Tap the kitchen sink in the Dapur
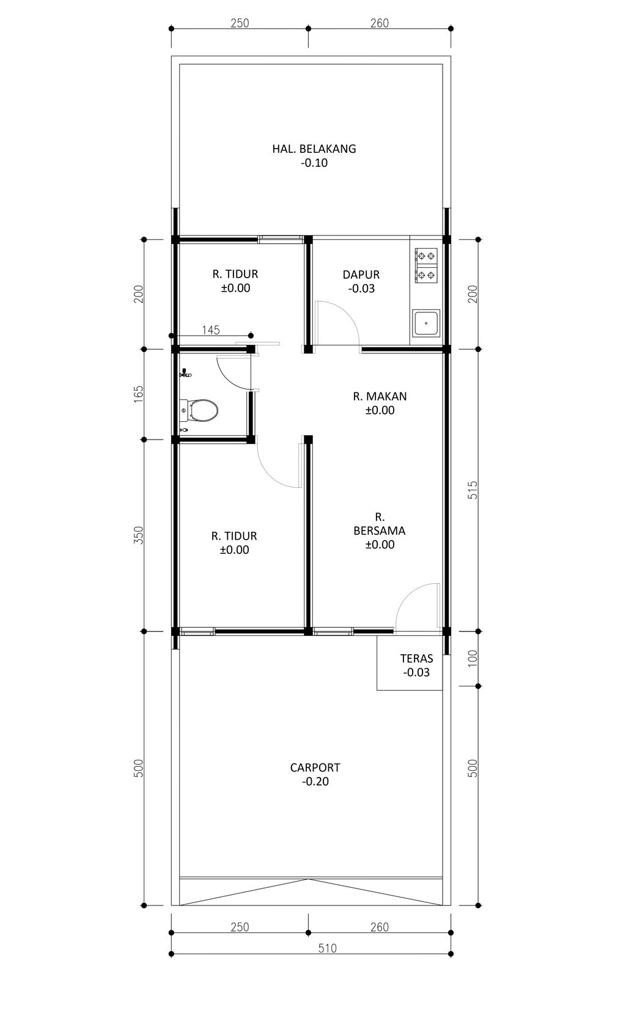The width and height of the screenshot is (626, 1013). pos(425,323)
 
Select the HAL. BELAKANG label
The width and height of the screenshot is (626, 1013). pos(314,149)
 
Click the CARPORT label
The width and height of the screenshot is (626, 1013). pos(315,767)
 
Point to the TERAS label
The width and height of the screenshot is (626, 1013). pos(416,658)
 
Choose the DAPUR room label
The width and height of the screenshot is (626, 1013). pos(361,274)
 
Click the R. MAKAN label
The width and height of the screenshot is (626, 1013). pos(380,396)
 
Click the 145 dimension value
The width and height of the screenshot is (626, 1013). pos(211,330)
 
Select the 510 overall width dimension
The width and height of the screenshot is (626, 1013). pos(328,948)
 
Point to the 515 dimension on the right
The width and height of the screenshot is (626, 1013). pos(472,490)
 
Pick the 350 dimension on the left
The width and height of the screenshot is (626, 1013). pos(138,535)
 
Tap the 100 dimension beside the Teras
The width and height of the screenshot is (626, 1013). pos(472,658)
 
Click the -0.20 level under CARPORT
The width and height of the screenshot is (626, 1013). pos(315,781)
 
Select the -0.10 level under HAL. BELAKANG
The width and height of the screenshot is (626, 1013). pos(314,163)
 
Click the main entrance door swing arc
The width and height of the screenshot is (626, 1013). pos(409,593)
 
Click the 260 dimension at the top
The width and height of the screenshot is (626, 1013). pos(380,23)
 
